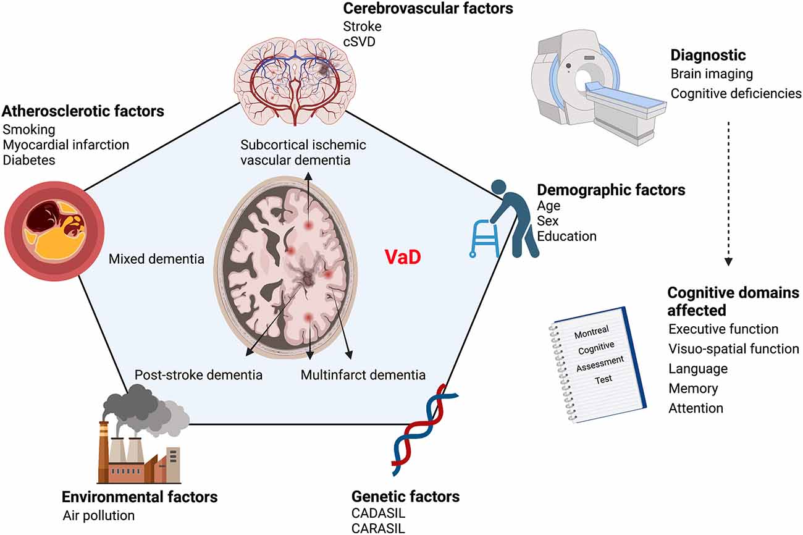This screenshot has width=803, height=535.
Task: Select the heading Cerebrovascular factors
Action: coord(427,9)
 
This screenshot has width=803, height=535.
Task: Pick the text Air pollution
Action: coord(98,515)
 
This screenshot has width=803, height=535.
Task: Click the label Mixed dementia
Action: coord(156,259)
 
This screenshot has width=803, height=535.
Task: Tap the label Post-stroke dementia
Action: coord(198,375)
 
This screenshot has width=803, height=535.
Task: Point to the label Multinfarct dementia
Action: coord(363,375)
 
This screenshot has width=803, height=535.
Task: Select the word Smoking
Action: coord(29,130)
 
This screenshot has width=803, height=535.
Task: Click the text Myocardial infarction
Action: coord(66,145)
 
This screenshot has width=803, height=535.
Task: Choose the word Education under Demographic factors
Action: coord(566,236)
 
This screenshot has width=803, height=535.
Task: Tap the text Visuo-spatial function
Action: coord(734,349)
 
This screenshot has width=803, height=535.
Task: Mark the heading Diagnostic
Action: coord(708,56)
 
